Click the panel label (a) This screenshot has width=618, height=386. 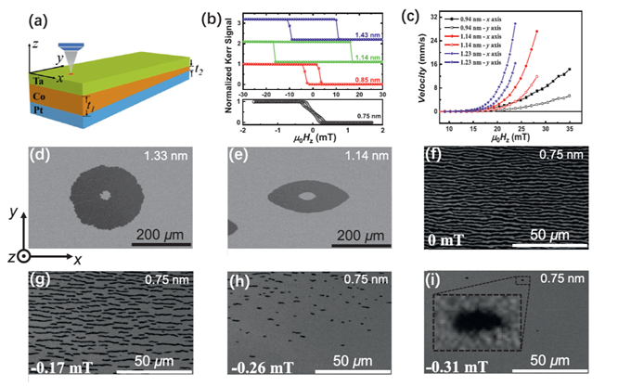click(20, 12)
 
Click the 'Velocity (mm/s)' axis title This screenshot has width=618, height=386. click(432, 66)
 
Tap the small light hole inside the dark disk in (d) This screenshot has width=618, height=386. click(106, 195)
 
